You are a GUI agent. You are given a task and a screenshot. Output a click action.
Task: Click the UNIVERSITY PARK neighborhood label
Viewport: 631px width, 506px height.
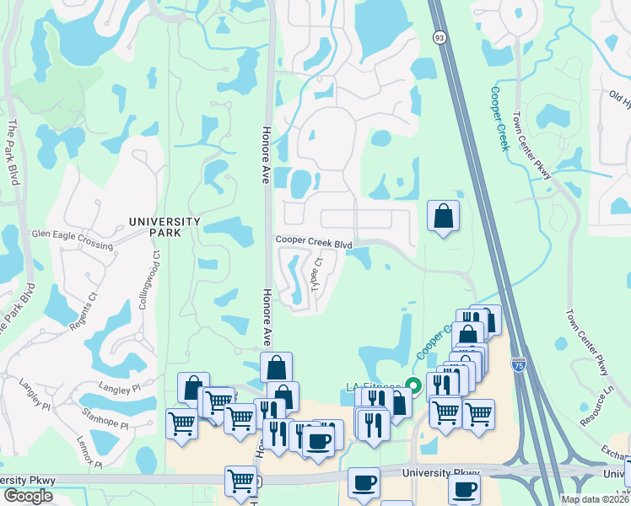(164, 222)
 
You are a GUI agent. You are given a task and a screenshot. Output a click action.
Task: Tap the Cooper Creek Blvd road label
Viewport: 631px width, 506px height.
(314, 241)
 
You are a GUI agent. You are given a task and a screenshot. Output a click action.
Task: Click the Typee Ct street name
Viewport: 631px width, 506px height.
(317, 275)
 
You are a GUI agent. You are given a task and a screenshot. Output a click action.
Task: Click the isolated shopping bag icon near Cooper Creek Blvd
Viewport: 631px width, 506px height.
(443, 217)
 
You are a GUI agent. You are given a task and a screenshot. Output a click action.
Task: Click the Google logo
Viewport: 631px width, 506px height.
(28, 496)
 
